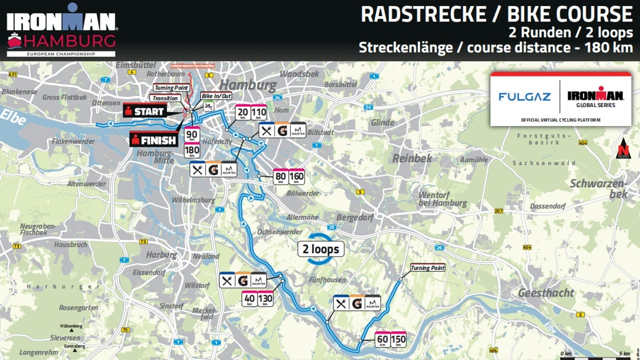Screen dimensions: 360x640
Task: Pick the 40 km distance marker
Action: point(249,298)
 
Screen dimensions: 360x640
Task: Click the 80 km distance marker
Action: point(280,176)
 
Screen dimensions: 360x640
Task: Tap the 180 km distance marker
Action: point(192,151)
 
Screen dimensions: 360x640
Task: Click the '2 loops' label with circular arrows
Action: point(320,249)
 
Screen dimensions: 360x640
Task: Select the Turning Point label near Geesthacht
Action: point(427,268)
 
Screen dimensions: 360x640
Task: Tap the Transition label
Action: point(165,98)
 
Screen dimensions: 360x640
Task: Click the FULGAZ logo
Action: point(524,96)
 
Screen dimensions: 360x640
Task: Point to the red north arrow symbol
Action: point(623,148)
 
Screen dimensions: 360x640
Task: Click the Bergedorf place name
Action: point(355,218)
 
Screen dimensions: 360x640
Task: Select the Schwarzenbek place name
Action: point(604,188)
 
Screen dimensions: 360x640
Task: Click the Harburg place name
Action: point(161,254)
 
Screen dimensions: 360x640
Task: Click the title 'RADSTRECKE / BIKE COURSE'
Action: point(496,15)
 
